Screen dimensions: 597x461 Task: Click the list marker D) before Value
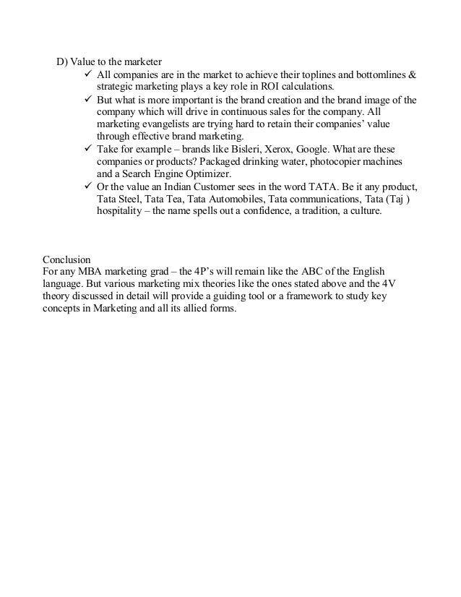61,61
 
